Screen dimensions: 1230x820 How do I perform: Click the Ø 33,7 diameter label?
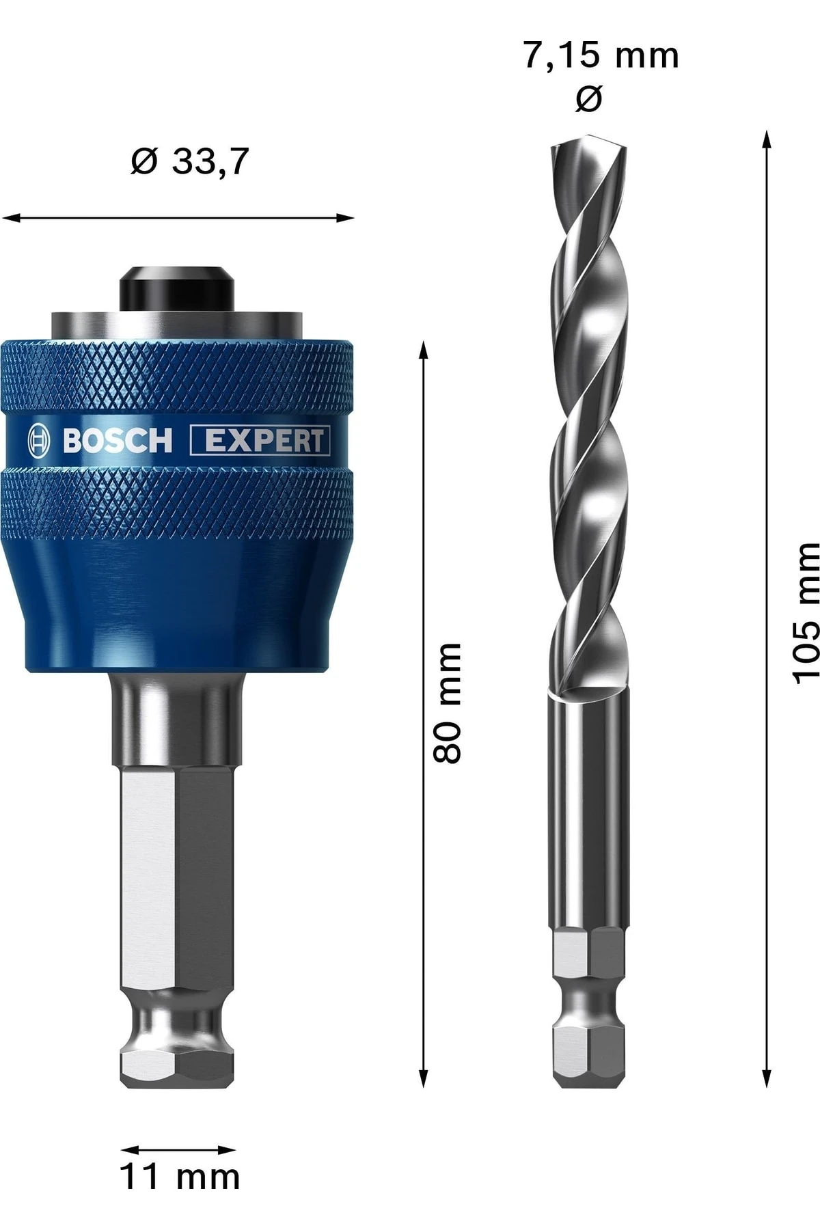pyautogui.click(x=190, y=162)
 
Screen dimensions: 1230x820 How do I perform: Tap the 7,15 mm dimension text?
pyautogui.click(x=601, y=55)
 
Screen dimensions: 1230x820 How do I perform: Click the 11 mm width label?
pyautogui.click(x=180, y=1177)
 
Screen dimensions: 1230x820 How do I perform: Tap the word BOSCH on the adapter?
pyautogui.click(x=118, y=441)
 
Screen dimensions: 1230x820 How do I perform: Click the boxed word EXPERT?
pyautogui.click(x=260, y=441)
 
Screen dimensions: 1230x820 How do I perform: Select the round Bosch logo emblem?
pyautogui.click(x=40, y=441)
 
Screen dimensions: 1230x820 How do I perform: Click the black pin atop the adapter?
pyautogui.click(x=176, y=286)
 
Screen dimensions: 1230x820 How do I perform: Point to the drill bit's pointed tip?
pyautogui.click(x=588, y=148)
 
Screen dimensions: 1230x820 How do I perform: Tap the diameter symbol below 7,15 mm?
pyautogui.click(x=588, y=99)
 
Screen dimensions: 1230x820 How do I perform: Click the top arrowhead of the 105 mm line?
pyautogui.click(x=767, y=138)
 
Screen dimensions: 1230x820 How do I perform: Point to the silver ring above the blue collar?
pyautogui.click(x=176, y=323)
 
